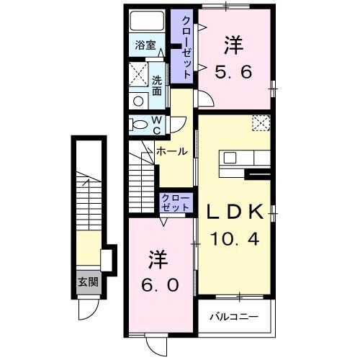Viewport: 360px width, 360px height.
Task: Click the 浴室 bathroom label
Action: click(x=145, y=45)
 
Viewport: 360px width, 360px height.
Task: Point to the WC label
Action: click(x=156, y=124)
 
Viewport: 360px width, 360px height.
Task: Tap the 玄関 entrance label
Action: click(x=88, y=282)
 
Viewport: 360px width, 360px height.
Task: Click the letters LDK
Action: click(x=233, y=212)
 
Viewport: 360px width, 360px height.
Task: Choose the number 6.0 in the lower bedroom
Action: click(x=159, y=284)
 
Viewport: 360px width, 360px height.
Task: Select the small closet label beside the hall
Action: click(x=175, y=202)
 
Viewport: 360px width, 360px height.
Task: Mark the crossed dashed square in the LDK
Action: click(x=260, y=123)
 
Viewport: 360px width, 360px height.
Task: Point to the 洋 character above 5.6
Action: click(x=232, y=45)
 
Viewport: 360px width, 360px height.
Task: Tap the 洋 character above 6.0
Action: click(x=159, y=258)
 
